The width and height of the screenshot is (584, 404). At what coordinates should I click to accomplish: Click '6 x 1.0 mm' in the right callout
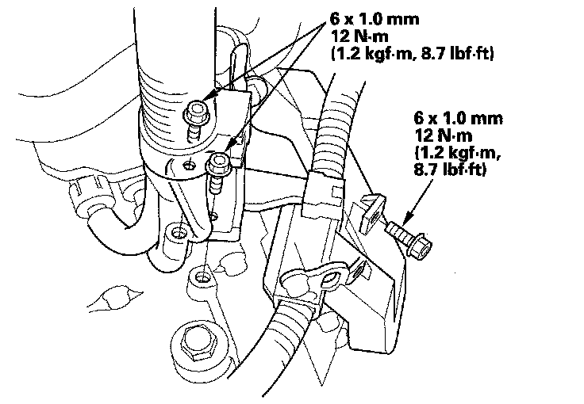click(458, 120)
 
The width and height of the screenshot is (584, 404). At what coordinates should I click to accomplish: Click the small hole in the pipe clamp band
click(187, 166)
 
